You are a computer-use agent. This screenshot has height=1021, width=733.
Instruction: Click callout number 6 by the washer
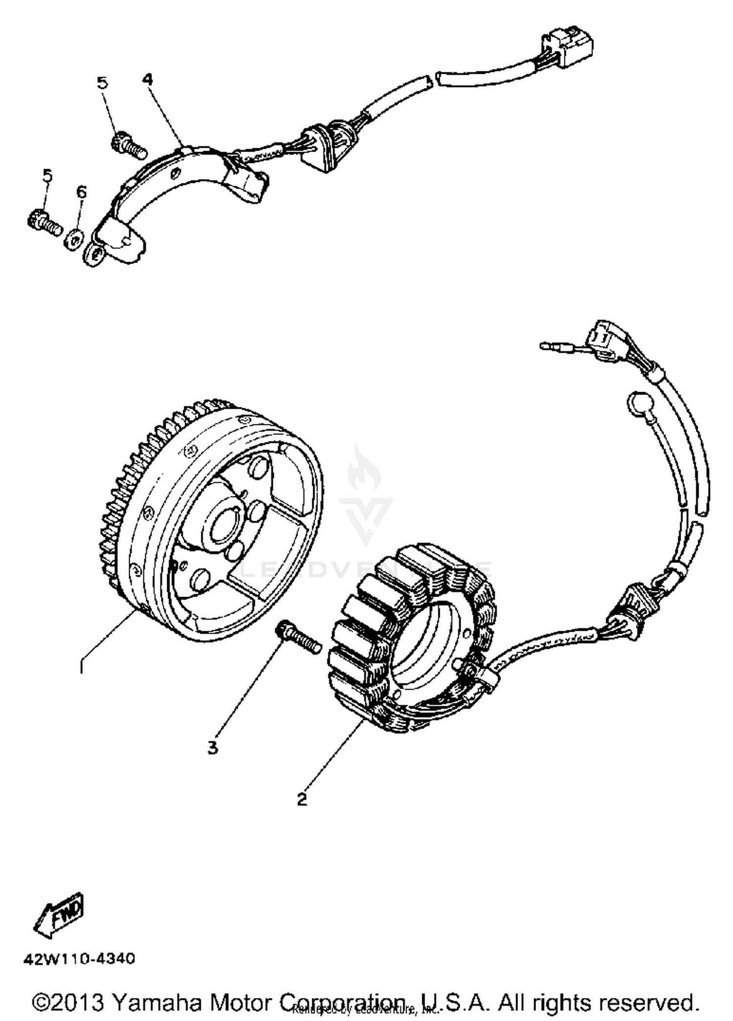click(x=81, y=192)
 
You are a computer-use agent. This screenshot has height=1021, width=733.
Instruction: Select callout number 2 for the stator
click(x=302, y=799)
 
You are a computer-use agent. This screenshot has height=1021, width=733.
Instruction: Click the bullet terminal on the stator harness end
click(x=550, y=346)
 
